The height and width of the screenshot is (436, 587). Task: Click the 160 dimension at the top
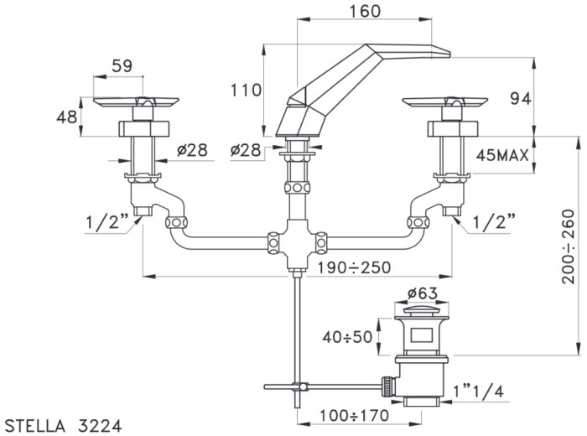coord(365,11)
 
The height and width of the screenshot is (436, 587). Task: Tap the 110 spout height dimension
coord(245,91)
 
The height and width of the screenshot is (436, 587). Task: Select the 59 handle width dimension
coord(122,66)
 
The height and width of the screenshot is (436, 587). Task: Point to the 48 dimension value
coord(67,117)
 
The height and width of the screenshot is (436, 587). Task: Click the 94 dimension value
coord(521,99)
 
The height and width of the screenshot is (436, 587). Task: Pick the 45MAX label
coord(502,154)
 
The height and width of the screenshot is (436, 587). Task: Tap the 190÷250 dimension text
coord(354,267)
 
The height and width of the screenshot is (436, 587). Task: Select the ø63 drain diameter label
coord(422,293)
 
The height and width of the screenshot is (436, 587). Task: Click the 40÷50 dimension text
coord(347,337)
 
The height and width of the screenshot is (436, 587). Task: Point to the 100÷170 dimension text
coord(354,415)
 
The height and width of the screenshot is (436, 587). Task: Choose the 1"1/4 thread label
coord(478,392)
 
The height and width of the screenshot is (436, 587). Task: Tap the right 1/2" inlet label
coord(494,222)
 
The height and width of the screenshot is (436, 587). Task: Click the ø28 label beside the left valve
coord(192,150)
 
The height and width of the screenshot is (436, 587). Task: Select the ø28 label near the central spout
coord(246,150)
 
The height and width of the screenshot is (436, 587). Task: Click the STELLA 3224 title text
coord(63,426)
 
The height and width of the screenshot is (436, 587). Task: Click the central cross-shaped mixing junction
coord(297,244)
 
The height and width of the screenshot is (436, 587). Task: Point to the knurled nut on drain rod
coord(386,387)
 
